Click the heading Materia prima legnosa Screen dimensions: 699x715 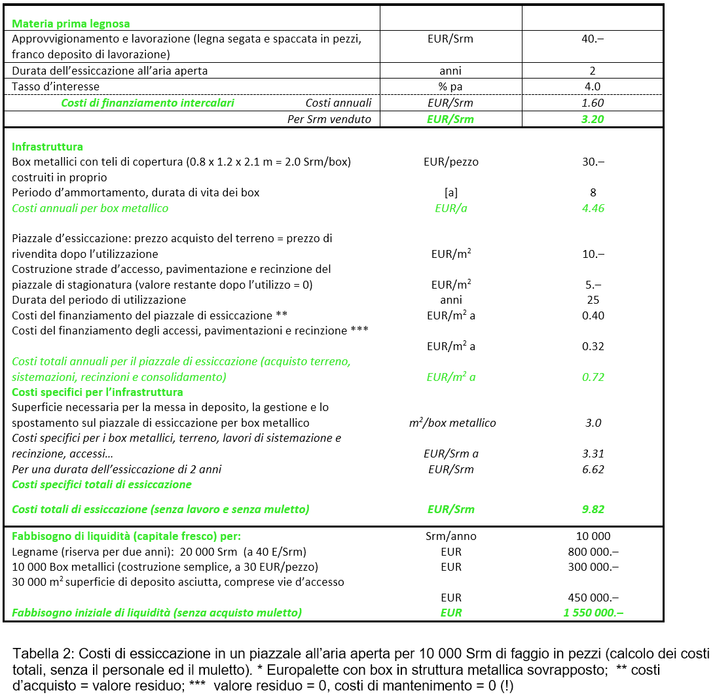tap(71, 24)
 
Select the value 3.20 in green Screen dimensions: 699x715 tap(593, 119)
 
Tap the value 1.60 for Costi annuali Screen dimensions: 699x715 tap(593, 103)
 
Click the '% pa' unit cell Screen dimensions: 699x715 tap(450, 86)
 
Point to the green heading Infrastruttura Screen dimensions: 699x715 tap(47, 147)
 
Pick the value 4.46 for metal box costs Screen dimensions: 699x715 tap(593, 208)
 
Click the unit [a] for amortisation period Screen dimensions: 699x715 tap(450, 192)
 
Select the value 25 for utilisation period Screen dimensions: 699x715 tap(593, 300)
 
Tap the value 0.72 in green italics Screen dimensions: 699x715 tap(593, 377)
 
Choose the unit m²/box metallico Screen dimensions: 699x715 tap(452, 423)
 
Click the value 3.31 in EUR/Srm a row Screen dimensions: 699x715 tap(593, 454)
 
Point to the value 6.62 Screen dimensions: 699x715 tap(593, 469)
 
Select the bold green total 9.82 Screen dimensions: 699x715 tap(593, 509)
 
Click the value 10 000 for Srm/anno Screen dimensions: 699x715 tap(593, 536)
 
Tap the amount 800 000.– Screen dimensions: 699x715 tap(593, 552)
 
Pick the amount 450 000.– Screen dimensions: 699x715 tap(593, 598)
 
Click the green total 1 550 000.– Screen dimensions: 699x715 tap(593, 613)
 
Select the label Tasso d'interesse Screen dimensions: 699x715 tap(56, 86)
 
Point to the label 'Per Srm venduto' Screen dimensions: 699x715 tap(329, 119)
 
